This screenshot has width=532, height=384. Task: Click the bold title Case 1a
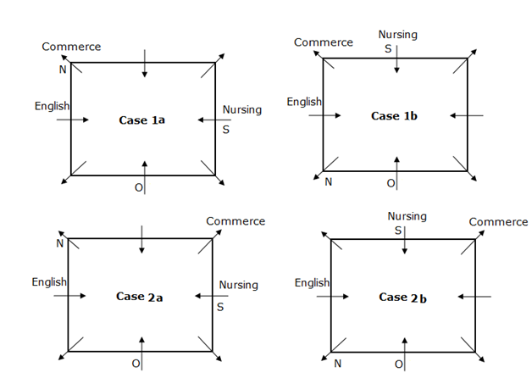click(141, 120)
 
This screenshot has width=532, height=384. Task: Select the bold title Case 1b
click(395, 115)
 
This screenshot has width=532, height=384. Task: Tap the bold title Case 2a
click(140, 296)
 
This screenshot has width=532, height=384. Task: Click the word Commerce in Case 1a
click(71, 47)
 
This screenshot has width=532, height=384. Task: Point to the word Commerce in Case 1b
click(324, 42)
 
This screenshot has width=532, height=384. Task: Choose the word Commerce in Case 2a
click(236, 221)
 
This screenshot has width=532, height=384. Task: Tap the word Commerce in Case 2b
click(499, 222)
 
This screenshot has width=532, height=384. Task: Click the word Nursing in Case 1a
click(242, 110)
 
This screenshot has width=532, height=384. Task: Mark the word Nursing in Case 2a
click(239, 285)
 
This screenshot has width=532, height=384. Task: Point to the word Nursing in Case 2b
click(407, 217)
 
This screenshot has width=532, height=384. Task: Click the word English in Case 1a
click(53, 106)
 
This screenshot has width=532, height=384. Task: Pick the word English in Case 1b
click(304, 102)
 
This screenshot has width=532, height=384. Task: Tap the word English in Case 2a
click(49, 281)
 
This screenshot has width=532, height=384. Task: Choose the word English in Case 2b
click(313, 282)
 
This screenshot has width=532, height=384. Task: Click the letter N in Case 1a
click(62, 70)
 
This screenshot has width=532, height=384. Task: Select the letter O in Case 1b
click(391, 183)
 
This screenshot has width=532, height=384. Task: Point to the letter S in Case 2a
click(220, 307)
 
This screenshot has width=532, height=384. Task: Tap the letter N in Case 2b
click(338, 364)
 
